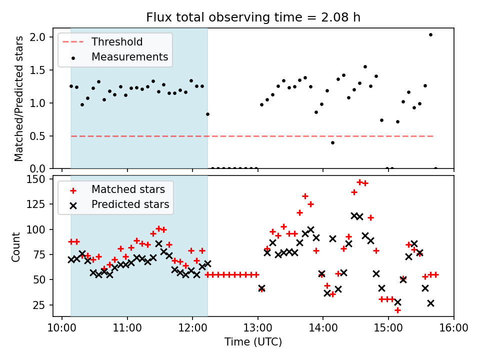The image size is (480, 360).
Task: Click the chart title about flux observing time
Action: [x=253, y=17]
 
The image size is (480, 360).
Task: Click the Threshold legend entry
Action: [x=116, y=42]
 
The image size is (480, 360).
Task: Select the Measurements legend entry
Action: [x=129, y=57]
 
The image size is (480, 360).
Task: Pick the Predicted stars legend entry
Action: [x=130, y=204]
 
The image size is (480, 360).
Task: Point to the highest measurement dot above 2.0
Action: [x=430, y=34]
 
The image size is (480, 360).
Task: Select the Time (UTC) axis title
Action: [x=253, y=342]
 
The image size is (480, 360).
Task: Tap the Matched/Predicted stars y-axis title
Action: [x=19, y=98]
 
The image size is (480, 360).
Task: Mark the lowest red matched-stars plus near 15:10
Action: [x=397, y=310]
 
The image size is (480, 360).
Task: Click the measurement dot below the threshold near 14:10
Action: [x=332, y=142]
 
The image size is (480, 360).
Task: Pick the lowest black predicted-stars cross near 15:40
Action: [x=430, y=303]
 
